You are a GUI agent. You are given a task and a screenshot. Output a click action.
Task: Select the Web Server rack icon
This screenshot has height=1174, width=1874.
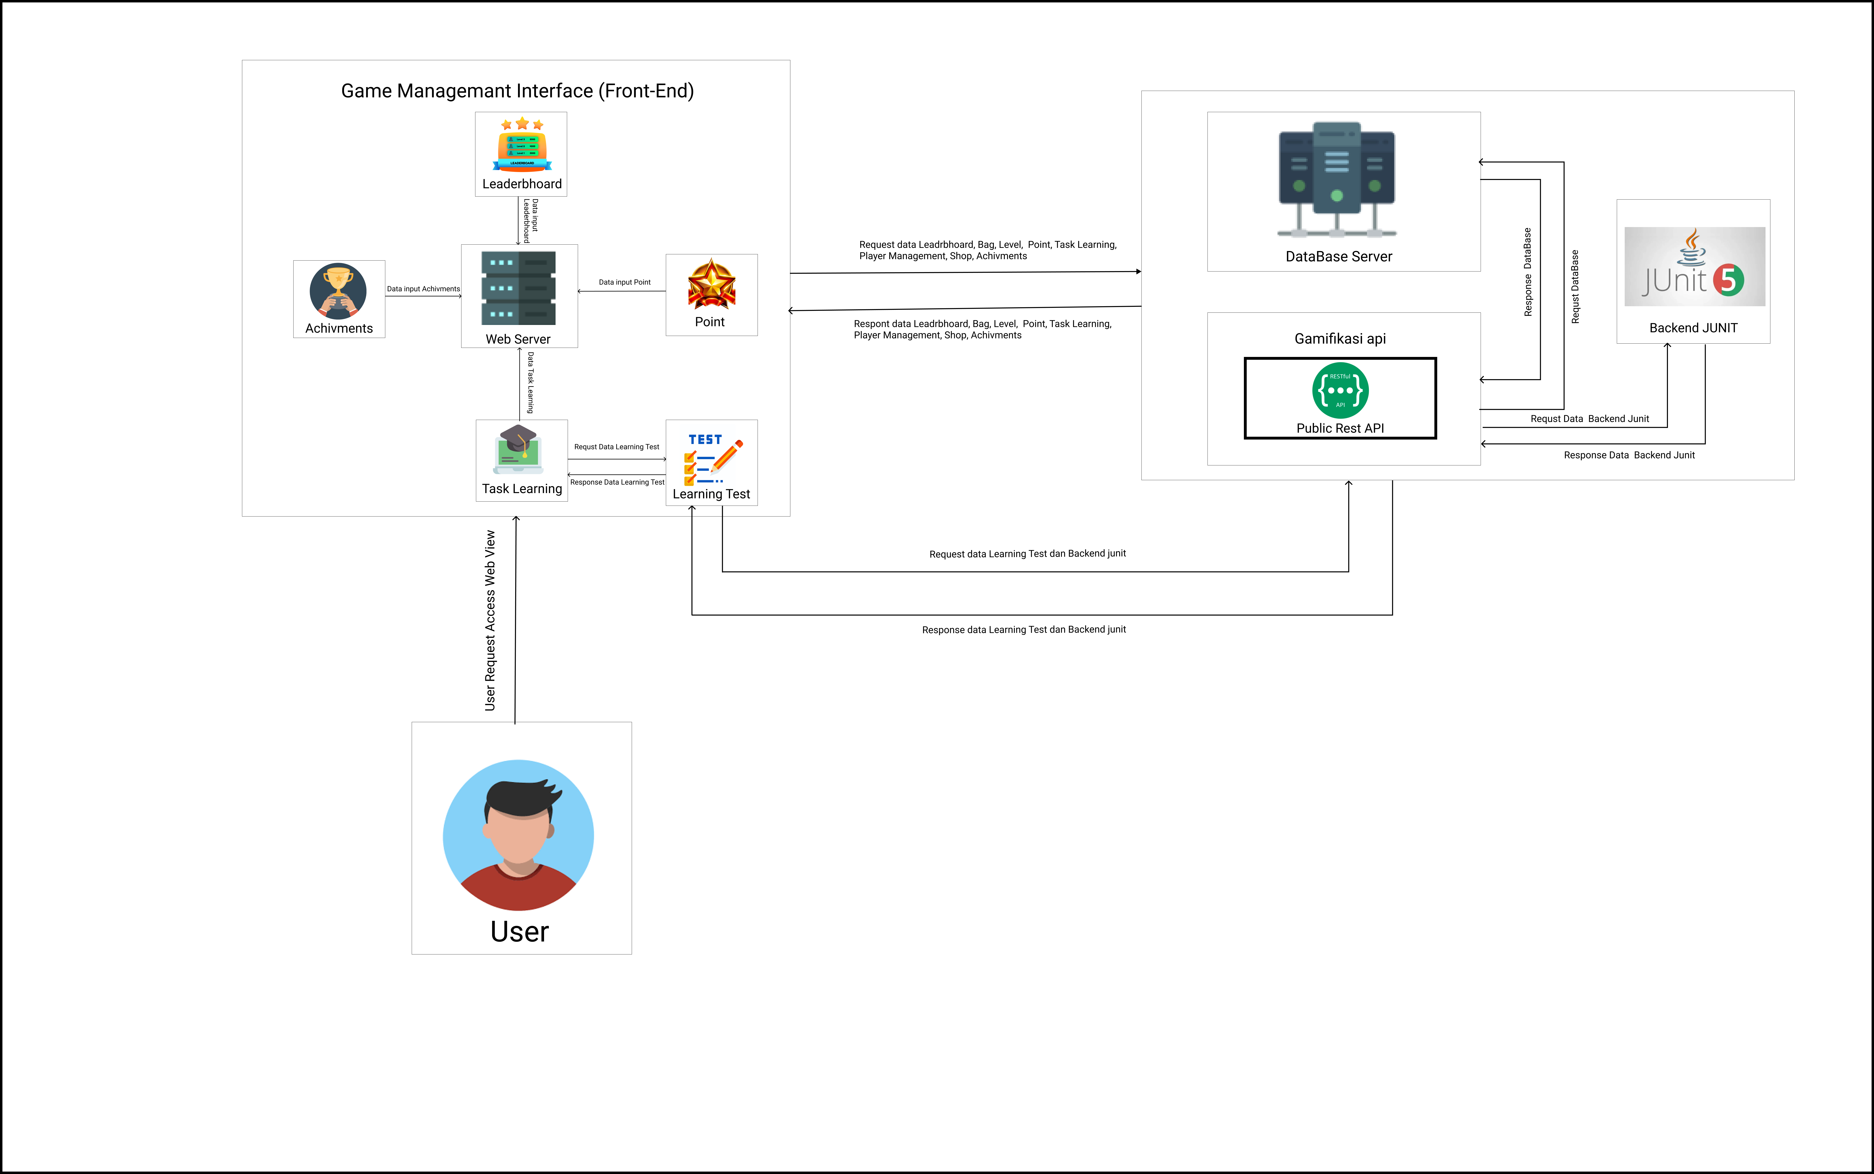[519, 288]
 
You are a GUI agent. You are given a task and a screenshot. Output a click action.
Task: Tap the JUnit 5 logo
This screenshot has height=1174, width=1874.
[1694, 266]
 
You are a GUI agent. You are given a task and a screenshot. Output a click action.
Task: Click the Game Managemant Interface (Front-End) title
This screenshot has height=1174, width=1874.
[517, 91]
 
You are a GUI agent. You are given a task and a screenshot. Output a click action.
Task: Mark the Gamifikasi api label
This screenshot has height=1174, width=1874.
[1340, 339]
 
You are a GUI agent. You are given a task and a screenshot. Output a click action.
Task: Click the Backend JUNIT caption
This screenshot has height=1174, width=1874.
[1693, 328]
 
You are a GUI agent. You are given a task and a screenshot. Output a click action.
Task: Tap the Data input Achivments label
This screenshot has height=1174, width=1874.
[423, 289]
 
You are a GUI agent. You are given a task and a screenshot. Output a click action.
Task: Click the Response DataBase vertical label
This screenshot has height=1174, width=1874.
[1528, 272]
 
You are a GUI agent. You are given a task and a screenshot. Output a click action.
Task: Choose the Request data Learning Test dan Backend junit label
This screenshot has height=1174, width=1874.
[1027, 554]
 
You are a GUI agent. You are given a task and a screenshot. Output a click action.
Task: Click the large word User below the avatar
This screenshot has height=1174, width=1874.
[520, 931]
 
